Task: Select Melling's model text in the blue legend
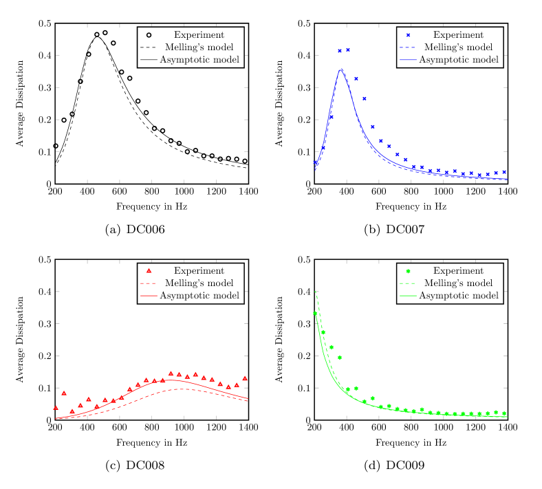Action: pos(458,47)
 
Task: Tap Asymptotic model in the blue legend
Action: pos(458,60)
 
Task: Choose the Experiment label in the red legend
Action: pos(199,271)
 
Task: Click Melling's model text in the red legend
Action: pos(199,283)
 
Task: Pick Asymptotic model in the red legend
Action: pos(199,296)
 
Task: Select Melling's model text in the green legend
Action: pos(458,283)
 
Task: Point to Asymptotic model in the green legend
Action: pos(458,296)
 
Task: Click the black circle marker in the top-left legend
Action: pos(149,35)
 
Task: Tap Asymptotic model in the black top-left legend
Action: pos(199,60)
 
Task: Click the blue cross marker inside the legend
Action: pos(408,35)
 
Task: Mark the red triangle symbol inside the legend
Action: pos(149,271)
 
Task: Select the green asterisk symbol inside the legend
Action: pos(408,271)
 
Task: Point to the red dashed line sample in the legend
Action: pos(149,283)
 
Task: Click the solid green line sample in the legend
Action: pos(408,296)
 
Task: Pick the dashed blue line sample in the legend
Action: pos(408,47)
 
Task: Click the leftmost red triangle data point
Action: pos(56,408)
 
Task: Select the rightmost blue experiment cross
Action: pos(504,173)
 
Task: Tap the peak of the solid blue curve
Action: pos(340,69)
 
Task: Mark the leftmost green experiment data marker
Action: pos(315,313)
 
